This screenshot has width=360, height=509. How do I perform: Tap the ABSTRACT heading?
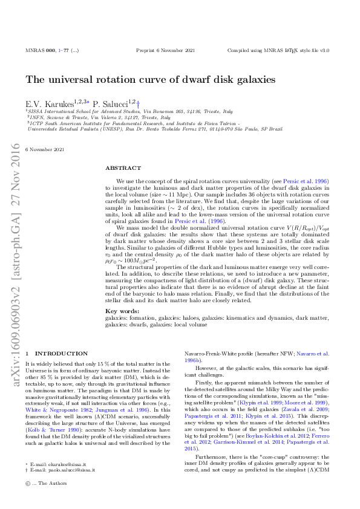(123, 168)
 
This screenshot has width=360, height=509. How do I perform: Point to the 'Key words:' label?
(119, 310)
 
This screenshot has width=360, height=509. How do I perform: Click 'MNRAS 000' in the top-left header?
(40, 51)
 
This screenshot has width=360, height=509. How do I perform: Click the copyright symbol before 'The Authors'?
(28, 500)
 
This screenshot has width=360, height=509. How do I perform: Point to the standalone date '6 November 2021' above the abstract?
(45, 149)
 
